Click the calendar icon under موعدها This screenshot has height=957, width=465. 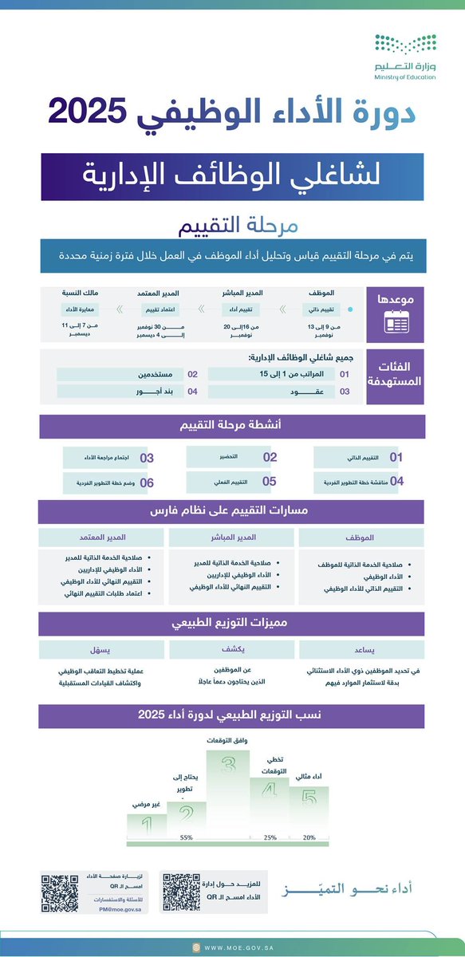(396, 321)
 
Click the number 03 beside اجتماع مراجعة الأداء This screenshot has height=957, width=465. (147, 459)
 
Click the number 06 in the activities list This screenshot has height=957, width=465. (147, 482)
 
